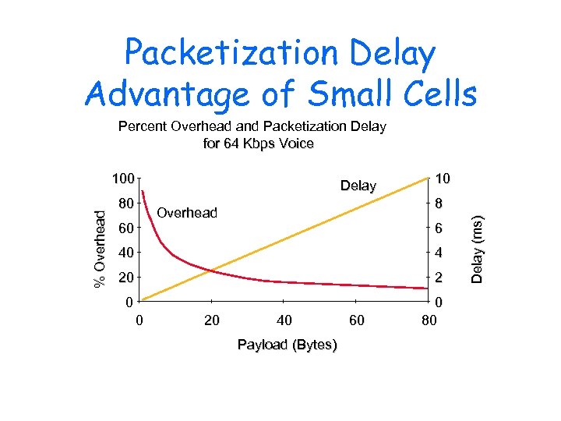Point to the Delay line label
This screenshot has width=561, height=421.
click(358, 186)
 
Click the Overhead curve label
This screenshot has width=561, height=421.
click(187, 213)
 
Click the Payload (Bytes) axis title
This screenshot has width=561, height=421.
click(288, 345)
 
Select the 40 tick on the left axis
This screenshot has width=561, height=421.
click(125, 253)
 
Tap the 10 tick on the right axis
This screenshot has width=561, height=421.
click(443, 179)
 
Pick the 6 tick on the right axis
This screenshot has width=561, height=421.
click(439, 228)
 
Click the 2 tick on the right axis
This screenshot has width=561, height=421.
click(439, 278)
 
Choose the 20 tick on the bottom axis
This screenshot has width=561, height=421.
click(211, 320)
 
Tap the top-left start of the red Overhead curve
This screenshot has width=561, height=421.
click(143, 191)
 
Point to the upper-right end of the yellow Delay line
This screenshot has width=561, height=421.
click(429, 179)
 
